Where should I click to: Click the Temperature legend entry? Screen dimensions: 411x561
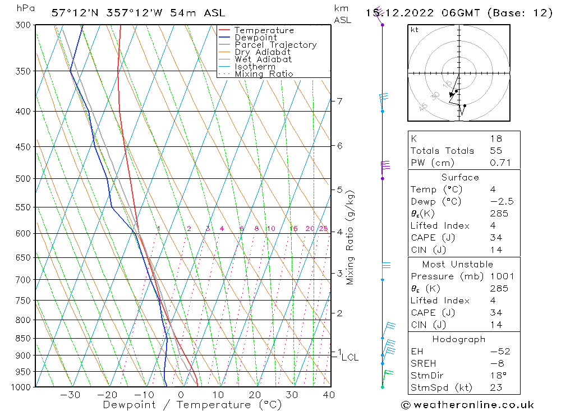(x=264, y=30)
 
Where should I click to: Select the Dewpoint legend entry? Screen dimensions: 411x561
(x=255, y=38)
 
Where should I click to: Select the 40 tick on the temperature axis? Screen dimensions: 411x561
(x=329, y=394)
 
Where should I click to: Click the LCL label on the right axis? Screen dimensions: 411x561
(x=350, y=357)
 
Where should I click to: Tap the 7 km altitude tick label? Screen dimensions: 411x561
(x=340, y=101)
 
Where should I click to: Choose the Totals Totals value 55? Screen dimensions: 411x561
(x=496, y=150)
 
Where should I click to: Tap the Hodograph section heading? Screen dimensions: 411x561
(x=459, y=339)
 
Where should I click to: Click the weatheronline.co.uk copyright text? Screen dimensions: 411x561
(x=467, y=405)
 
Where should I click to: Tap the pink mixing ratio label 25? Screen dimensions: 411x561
(x=323, y=228)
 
